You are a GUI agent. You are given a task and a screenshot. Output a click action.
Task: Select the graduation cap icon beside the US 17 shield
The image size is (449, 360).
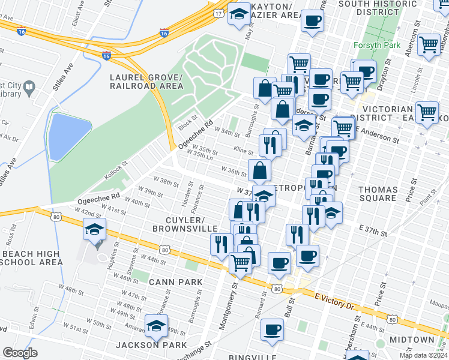pos(239,14)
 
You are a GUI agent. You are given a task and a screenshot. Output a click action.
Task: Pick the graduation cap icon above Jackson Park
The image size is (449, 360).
pos(156,328)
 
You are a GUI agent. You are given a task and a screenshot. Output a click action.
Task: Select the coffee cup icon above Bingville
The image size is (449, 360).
pos(272,330)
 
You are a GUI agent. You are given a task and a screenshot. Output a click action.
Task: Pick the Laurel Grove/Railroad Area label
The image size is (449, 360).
pos(146,82)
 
